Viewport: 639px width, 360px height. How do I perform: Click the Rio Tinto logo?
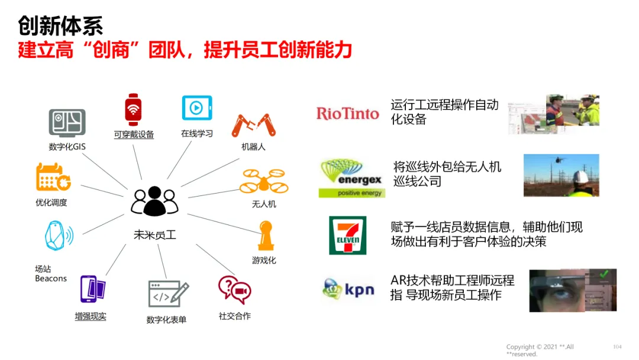tap(347, 113)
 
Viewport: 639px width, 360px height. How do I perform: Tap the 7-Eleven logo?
tap(347, 235)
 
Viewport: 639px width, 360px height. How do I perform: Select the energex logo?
tap(351, 177)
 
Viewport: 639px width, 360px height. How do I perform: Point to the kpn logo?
tap(348, 290)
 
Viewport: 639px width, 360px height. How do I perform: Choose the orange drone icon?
tap(263, 182)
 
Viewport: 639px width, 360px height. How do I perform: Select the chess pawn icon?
tap(264, 236)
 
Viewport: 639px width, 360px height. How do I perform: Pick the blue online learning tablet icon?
tap(196, 108)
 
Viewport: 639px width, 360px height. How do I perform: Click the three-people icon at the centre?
tap(154, 202)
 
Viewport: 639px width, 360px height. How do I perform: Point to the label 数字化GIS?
tap(67, 147)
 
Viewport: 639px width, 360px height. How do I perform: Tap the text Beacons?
tap(51, 278)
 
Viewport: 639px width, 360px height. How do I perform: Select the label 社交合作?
tap(234, 316)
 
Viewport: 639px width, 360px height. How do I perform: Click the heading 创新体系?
tap(60, 25)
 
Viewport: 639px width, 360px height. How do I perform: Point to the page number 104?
tap(617, 346)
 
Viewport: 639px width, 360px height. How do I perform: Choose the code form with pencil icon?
tap(168, 294)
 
